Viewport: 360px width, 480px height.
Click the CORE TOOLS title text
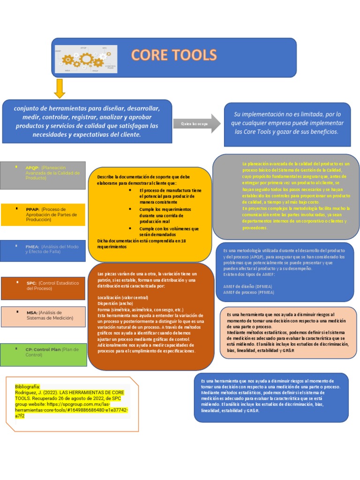tap(174, 55)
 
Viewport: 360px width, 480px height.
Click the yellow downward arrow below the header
tap(60, 88)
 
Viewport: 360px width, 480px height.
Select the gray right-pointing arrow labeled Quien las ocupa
tap(197, 124)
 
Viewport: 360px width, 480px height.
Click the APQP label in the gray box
tap(32, 167)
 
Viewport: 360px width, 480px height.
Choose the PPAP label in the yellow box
tap(32, 209)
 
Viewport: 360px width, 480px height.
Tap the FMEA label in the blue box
tap(32, 246)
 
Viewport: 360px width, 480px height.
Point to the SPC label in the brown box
tap(31, 283)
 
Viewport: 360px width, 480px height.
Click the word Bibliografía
tap(28, 386)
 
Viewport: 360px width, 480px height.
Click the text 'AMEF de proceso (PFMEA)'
tap(249, 292)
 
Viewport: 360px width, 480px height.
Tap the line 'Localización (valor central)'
tap(123, 298)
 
